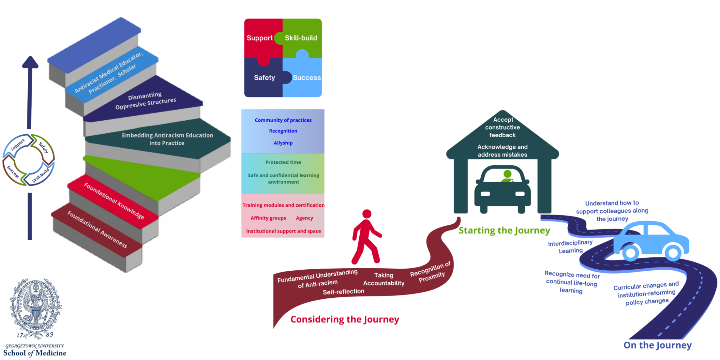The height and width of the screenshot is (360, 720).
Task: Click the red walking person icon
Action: click(366, 237)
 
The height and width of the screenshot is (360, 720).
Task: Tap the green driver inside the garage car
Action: click(507, 176)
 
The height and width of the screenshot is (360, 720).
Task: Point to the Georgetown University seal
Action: click(35, 308)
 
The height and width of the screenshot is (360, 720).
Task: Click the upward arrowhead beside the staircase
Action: click(30, 62)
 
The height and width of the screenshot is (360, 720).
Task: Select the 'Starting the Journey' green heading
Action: click(504, 230)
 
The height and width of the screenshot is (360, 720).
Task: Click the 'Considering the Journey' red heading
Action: click(345, 319)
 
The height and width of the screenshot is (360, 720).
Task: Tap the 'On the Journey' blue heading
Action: click(658, 345)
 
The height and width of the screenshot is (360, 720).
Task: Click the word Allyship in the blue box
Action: click(283, 143)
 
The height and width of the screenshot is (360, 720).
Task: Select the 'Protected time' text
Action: click(283, 162)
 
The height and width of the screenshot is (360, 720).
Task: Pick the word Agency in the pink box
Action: click(305, 218)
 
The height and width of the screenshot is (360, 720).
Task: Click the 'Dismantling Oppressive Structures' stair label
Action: click(145, 101)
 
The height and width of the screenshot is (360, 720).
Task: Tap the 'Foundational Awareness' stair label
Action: click(97, 229)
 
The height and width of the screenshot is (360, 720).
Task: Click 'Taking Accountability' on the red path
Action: click(384, 279)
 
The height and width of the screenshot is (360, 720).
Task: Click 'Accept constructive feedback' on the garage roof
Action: click(503, 127)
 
